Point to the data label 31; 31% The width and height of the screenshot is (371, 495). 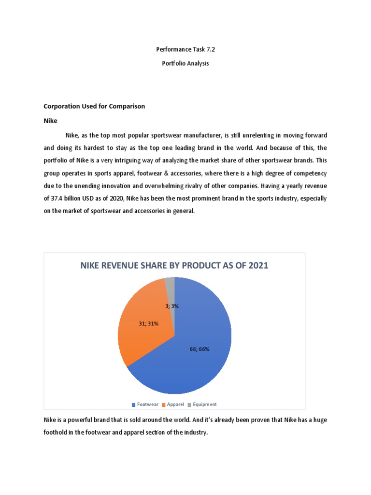coord(149,323)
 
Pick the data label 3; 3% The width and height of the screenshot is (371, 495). coord(171,306)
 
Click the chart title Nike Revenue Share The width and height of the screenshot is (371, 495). coord(174,265)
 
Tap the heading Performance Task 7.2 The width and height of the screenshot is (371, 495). coord(185,49)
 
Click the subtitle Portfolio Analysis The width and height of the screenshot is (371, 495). coord(185,64)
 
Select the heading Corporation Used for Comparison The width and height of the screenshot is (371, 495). coord(94,106)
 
